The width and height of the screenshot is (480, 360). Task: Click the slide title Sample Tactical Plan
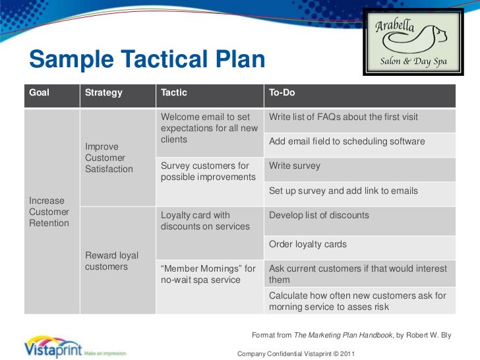146,61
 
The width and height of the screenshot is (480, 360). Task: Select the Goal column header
40,93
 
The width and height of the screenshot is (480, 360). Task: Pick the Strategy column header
104,93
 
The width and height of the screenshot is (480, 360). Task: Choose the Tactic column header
174,93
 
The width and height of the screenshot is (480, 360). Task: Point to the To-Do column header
282,93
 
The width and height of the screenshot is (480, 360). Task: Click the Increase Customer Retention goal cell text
49,212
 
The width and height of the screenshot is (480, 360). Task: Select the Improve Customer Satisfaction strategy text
109,158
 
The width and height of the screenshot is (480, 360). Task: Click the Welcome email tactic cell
209,129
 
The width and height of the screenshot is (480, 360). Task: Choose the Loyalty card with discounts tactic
205,221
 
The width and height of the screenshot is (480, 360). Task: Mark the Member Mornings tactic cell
208,274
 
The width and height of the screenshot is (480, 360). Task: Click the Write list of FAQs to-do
344,117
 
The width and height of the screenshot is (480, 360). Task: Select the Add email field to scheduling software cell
347,142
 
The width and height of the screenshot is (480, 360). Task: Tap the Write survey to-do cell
295,166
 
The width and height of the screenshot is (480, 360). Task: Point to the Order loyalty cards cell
308,245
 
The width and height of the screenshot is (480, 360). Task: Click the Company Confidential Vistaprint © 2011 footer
296,353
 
